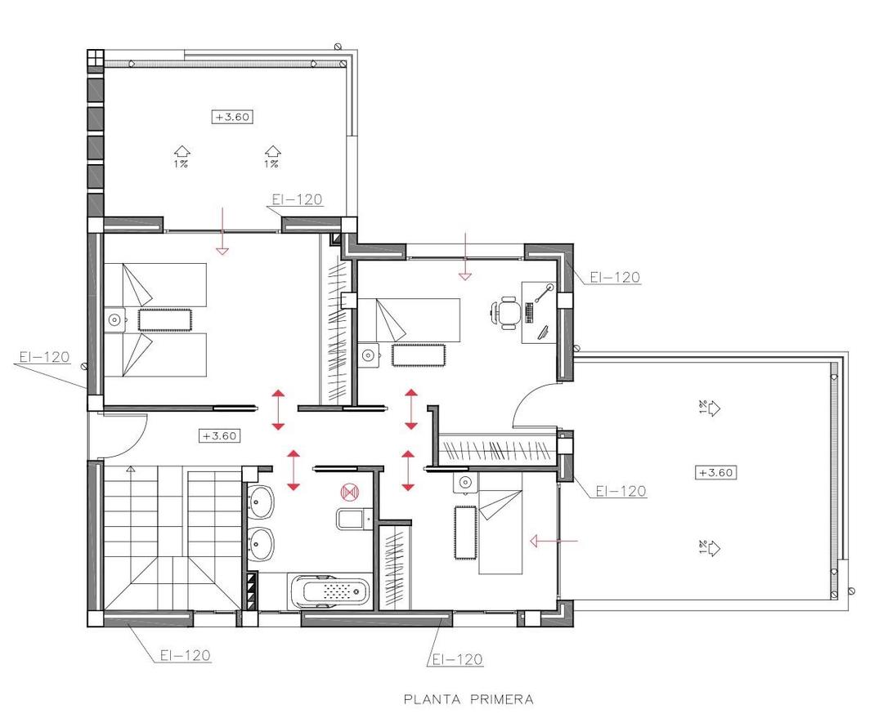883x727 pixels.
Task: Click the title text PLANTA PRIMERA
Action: pos(468,699)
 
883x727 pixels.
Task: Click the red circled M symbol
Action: pos(349,492)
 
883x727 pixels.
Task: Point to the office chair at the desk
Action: pos(507,313)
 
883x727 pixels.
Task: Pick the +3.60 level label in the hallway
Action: pos(219,435)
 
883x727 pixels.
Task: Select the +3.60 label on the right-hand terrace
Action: pos(716,472)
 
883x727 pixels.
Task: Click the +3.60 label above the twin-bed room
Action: pos(232,117)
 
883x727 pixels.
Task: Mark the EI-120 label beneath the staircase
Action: pos(185,655)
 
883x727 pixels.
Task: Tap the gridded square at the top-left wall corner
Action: pos(95,58)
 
